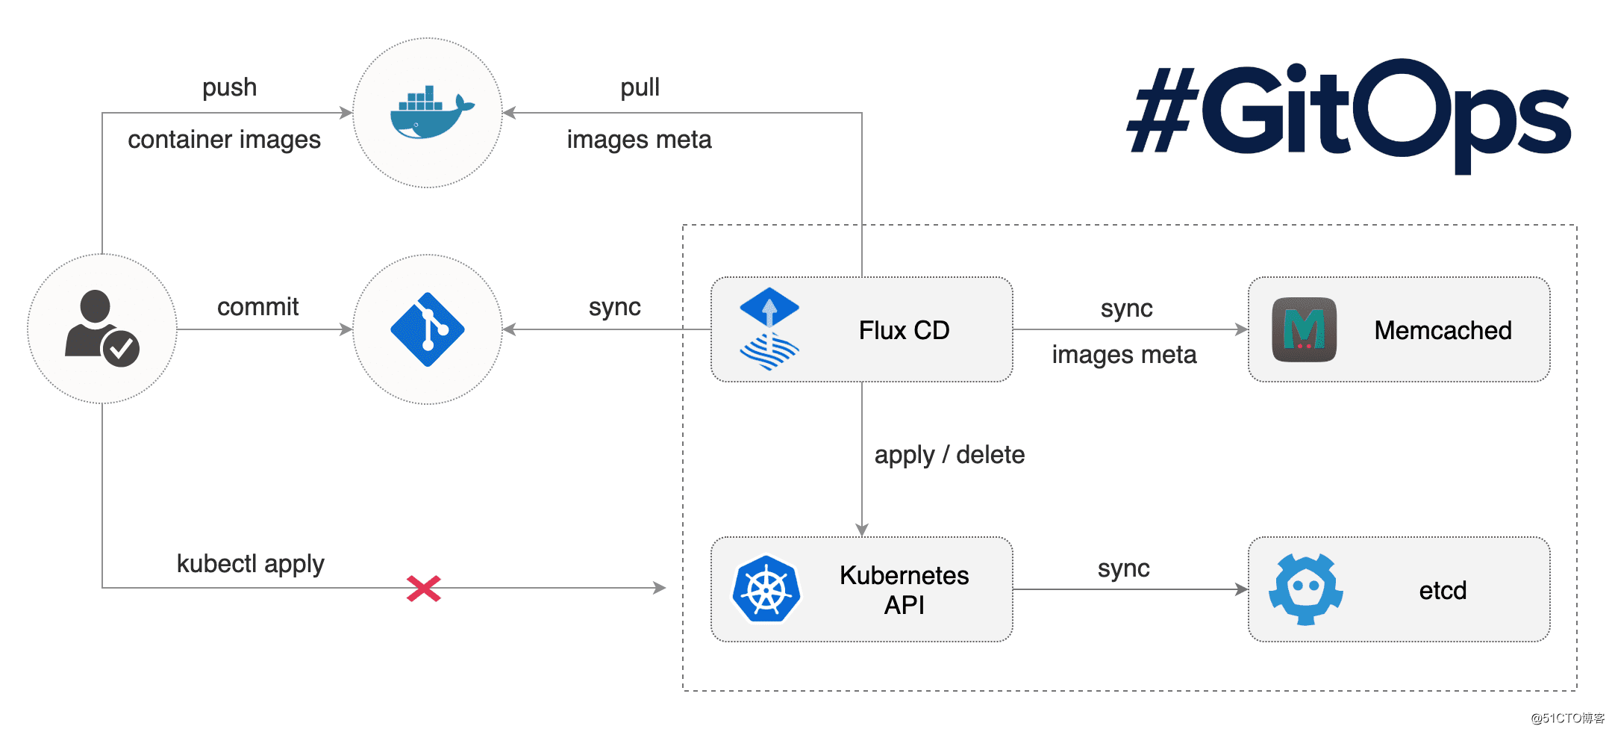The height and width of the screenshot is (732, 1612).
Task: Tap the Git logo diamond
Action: [x=428, y=329]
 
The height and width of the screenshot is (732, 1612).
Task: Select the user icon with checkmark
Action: [x=102, y=329]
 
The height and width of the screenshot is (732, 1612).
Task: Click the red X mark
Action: [x=424, y=589]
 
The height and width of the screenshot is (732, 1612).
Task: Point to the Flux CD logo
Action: [x=769, y=329]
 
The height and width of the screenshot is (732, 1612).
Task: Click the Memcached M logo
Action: [x=1304, y=329]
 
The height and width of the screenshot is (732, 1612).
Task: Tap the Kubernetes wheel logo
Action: [x=766, y=589]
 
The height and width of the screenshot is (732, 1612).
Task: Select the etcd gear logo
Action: [x=1305, y=589]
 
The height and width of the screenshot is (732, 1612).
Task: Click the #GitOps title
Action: [x=1349, y=112]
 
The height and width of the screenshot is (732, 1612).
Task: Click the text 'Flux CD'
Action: [x=904, y=330]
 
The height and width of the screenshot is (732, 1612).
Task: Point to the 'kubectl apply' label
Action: [x=250, y=564]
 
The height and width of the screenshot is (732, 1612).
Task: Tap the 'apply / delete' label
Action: [x=949, y=455]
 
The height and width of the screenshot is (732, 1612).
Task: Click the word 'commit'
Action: [x=257, y=307]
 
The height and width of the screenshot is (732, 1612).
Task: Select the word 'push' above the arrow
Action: [x=229, y=88]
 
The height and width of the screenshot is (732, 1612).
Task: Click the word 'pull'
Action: [x=640, y=88]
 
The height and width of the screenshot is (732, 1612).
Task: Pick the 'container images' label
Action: [x=224, y=140]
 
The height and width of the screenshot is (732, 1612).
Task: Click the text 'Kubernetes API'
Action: [x=904, y=590]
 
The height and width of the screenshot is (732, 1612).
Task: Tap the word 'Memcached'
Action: [x=1443, y=330]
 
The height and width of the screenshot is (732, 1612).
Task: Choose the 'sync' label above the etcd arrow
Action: [x=1123, y=568]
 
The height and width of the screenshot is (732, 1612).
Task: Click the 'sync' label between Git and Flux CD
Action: [x=614, y=307]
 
